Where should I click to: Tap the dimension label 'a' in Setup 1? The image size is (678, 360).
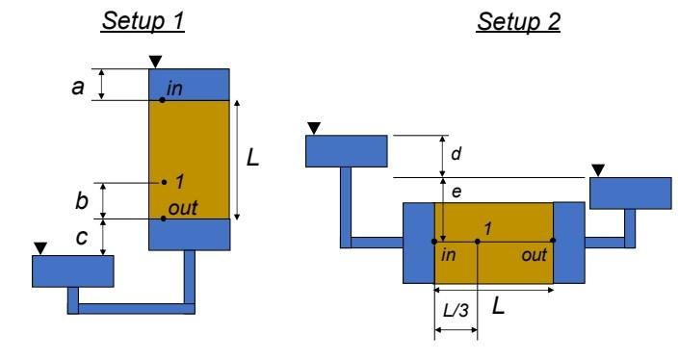(80, 86)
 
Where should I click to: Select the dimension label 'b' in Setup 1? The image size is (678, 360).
(80, 201)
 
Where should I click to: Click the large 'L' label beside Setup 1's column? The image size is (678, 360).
(253, 157)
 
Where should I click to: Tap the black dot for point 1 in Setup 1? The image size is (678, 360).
(165, 181)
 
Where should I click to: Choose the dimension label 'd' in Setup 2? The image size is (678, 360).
(456, 154)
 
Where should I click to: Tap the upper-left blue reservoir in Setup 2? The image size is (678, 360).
(346, 150)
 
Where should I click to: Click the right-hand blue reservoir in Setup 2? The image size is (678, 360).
(630, 193)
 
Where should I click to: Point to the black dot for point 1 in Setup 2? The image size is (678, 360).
(478, 241)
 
